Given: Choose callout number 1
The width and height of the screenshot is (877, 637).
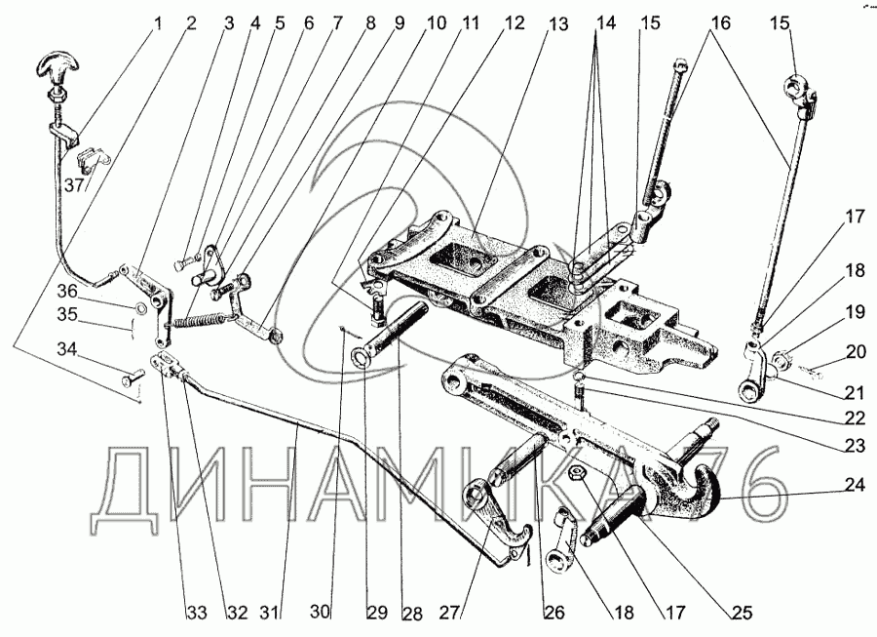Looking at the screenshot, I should [156, 20].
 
